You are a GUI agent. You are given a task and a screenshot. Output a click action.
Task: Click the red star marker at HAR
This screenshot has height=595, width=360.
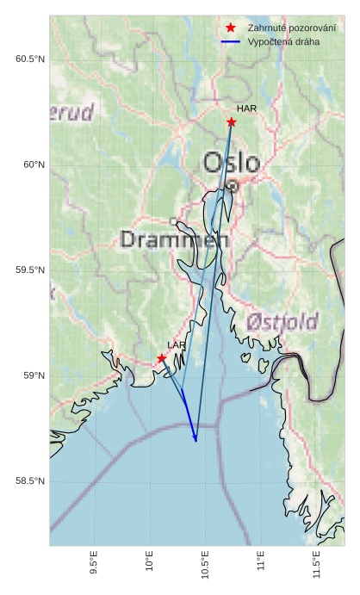tap(232, 122)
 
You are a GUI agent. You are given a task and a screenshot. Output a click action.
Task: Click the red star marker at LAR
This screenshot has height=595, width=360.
tap(162, 358)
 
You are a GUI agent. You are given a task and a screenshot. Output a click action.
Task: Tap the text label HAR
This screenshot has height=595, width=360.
tap(246, 108)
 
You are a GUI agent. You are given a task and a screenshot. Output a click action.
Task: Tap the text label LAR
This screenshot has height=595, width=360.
tap(177, 345)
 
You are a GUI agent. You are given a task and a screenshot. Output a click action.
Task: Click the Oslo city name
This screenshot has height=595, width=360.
tap(232, 163)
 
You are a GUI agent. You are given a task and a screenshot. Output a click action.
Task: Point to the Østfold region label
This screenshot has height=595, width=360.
tap(282, 322)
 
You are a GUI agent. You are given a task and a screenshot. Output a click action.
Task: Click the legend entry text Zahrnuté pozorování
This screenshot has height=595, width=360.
tap(291, 28)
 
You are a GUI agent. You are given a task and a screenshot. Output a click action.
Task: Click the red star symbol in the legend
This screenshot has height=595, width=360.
tap(230, 28)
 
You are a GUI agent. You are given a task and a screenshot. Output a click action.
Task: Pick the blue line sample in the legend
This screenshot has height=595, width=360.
tap(230, 41)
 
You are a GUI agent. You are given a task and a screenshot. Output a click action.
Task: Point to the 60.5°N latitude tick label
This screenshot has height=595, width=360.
tap(30, 59)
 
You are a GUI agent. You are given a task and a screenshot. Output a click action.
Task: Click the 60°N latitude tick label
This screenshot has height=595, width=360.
tap(34, 164)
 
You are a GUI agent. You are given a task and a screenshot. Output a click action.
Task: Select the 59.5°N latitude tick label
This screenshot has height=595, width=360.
tap(30, 270)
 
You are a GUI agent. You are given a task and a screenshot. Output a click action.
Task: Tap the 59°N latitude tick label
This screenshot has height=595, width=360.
tap(34, 376)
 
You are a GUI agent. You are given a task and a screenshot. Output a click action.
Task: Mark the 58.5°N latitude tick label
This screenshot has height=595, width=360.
tap(30, 481)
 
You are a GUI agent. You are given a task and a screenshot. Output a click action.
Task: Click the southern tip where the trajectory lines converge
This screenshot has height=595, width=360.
tap(196, 441)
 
